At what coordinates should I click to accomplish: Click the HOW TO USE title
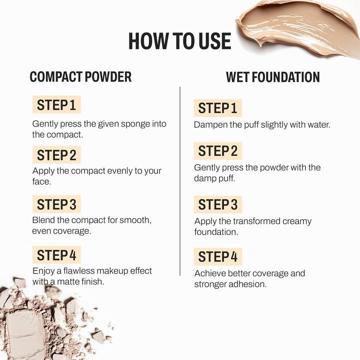[180, 41]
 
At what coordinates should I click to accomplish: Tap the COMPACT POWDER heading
[80, 76]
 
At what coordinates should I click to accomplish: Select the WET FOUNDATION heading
[273, 77]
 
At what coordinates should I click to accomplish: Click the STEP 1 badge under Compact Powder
[56, 104]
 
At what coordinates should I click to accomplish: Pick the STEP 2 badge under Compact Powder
[56, 154]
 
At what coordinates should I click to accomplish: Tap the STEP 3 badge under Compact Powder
[56, 204]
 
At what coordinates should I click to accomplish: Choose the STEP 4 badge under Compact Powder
[56, 255]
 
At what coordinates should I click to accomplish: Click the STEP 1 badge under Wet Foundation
[218, 108]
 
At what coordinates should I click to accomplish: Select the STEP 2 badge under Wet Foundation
[218, 151]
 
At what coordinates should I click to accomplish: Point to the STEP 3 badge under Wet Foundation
[218, 204]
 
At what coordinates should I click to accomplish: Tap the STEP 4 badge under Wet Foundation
[218, 256]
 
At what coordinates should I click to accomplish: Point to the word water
[319, 125]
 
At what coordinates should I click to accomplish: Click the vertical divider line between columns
[180, 181]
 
